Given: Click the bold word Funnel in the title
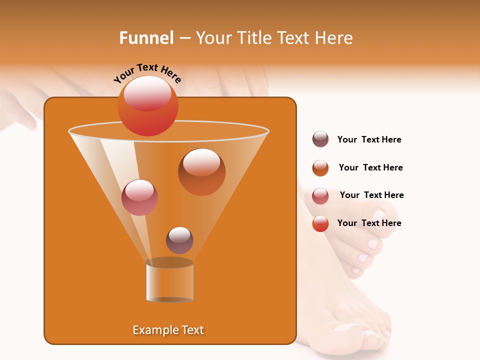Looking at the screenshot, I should click(x=146, y=38).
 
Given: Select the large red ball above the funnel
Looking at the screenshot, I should click(x=147, y=105).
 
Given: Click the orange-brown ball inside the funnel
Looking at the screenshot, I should click(x=201, y=172).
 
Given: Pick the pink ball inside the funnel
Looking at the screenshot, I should click(x=139, y=197).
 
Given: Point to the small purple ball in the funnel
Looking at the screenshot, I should click(x=179, y=240).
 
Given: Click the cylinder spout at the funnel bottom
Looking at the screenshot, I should click(x=169, y=281).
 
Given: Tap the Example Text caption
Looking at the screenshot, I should click(x=168, y=330).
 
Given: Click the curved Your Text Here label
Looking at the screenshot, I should click(x=147, y=73).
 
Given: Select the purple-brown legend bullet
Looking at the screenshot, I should click(x=320, y=139).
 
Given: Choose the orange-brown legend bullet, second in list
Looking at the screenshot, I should click(x=320, y=168).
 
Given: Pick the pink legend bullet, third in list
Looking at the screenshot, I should click(x=320, y=196).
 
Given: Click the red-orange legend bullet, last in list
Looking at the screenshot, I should click(x=320, y=223).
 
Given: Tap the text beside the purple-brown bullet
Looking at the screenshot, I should click(x=369, y=139).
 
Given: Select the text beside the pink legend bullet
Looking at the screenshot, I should click(x=371, y=195).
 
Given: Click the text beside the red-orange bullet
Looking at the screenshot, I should click(x=369, y=223).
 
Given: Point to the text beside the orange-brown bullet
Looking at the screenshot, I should click(x=370, y=167).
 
